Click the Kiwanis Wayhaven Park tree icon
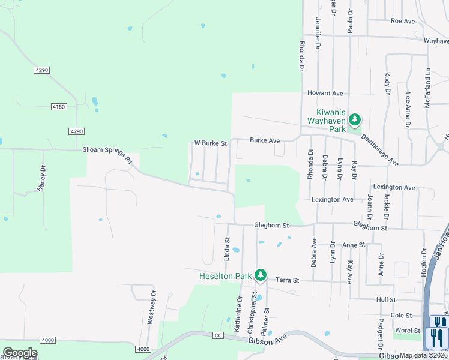click(x=355, y=119)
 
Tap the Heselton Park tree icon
click(x=260, y=275)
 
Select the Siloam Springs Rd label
click(x=107, y=154)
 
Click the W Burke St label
click(x=210, y=143)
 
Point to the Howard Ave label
click(x=325, y=94)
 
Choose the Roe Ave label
click(x=403, y=21)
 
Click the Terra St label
click(x=287, y=280)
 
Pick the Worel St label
click(x=408, y=331)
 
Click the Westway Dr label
click(x=152, y=307)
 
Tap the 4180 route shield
click(x=58, y=107)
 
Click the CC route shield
click(x=218, y=336)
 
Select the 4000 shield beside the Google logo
click(x=48, y=340)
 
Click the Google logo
click(x=20, y=353)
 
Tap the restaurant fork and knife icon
click(x=437, y=338)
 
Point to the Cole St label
click(x=401, y=315)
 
